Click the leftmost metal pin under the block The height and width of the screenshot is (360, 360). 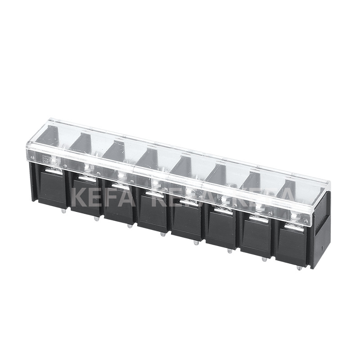(x=63, y=209)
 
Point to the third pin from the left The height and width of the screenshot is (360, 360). (x=130, y=225)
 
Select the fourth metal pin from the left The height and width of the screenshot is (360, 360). (x=162, y=233)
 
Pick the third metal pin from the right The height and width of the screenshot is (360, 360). (x=229, y=250)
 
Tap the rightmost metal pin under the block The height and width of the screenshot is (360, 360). (x=298, y=267)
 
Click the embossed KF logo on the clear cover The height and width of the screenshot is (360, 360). (x=47, y=159)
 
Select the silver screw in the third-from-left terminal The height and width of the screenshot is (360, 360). (x=121, y=175)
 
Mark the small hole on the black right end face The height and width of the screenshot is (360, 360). (x=323, y=248)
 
